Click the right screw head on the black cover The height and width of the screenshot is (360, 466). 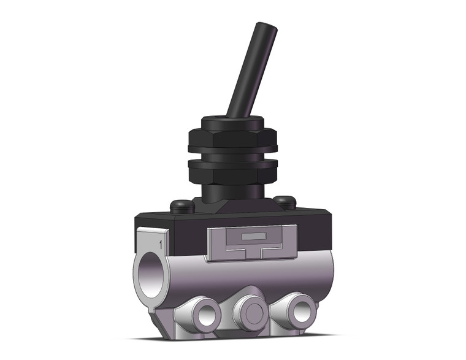point(283,201)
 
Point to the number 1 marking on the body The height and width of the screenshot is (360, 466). point(161,244)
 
